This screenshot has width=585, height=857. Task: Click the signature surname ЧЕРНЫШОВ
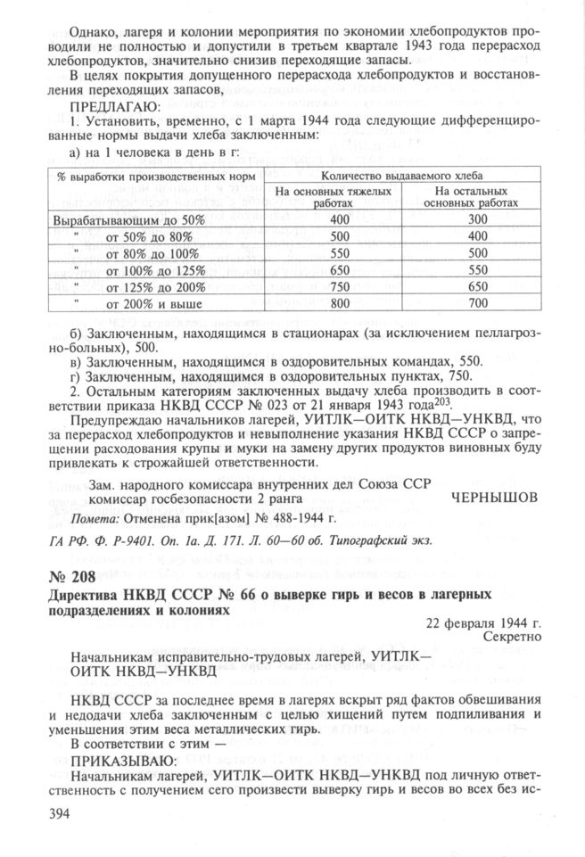(x=497, y=497)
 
